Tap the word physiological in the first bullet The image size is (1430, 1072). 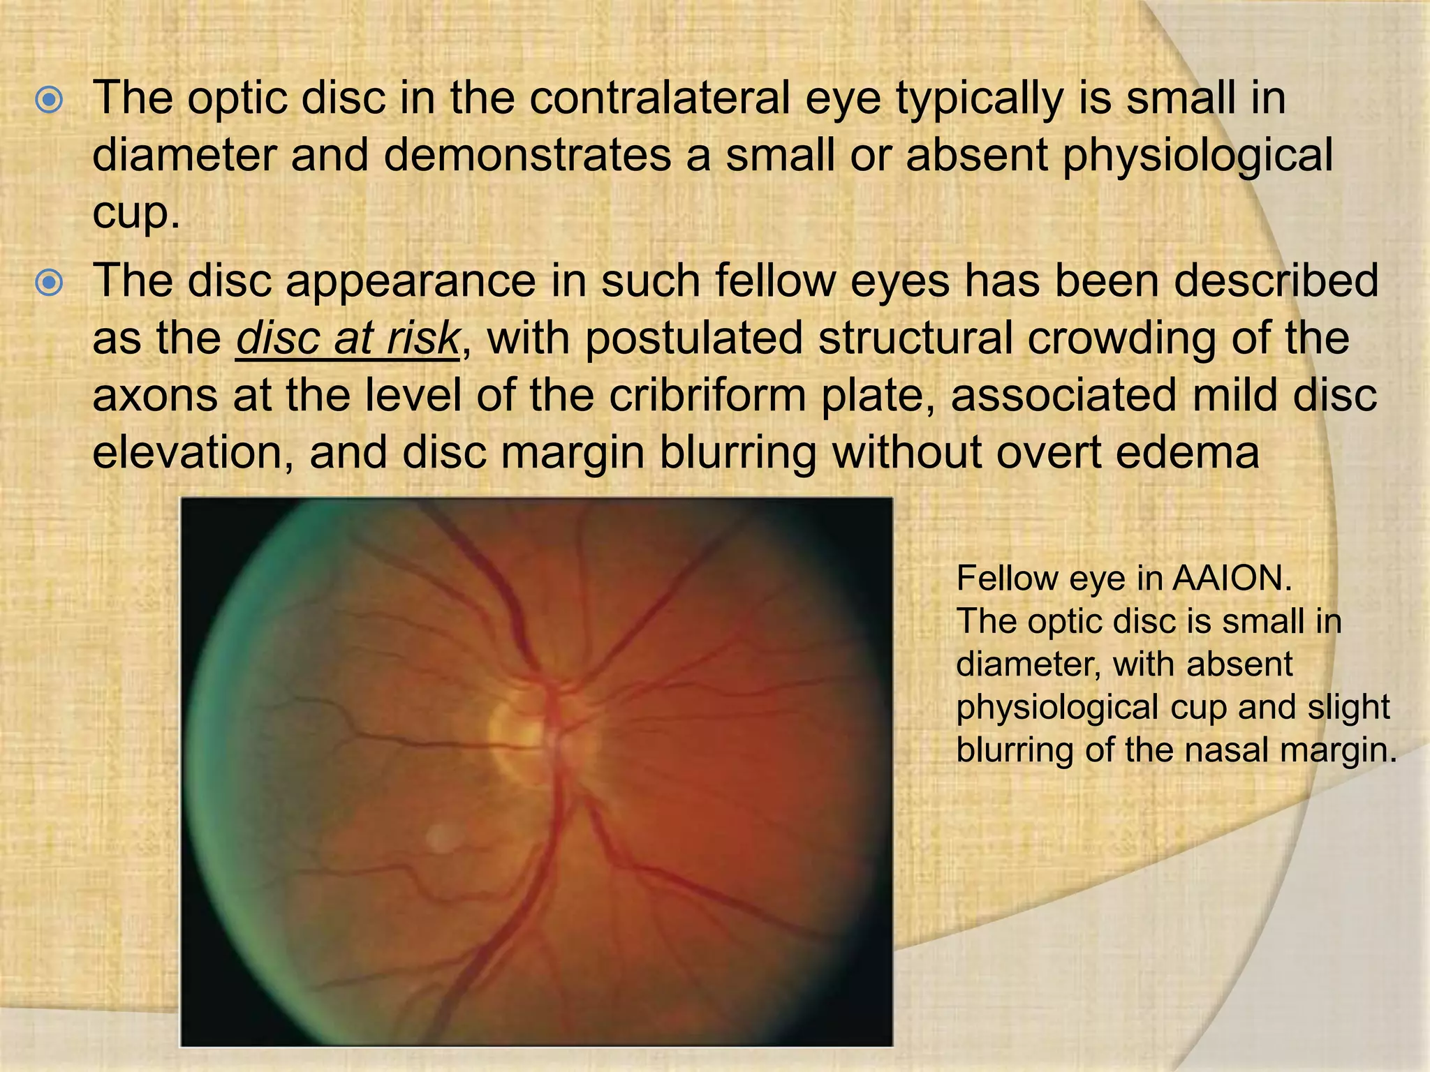coord(1197,156)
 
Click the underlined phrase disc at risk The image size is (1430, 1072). coord(347,338)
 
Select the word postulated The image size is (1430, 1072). coord(694,338)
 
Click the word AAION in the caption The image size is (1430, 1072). coord(1232,579)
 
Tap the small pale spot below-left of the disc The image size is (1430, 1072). coord(441,837)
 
